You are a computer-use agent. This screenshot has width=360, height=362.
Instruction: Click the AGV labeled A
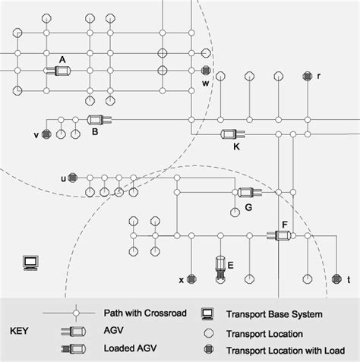(x=58, y=71)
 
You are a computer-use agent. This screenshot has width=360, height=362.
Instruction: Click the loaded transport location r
(x=307, y=76)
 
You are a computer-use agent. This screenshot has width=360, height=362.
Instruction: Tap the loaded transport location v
(x=46, y=134)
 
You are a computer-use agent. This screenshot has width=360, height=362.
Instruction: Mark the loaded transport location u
(x=73, y=178)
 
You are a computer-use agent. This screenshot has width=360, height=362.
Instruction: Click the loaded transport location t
(x=336, y=279)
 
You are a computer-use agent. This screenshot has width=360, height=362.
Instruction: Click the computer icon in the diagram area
(x=31, y=263)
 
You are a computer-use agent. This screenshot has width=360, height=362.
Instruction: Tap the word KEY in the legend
(x=22, y=332)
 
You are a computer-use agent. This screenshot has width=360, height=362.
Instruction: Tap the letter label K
(x=237, y=146)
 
